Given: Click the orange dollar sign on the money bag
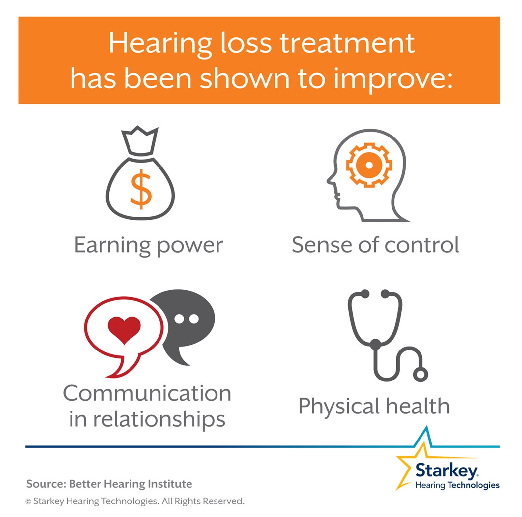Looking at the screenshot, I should (x=141, y=189).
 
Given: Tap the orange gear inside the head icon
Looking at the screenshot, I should (x=369, y=165).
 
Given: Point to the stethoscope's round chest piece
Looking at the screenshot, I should (x=420, y=375).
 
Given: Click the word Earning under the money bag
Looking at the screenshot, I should (x=112, y=246).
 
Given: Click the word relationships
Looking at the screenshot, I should (x=159, y=420).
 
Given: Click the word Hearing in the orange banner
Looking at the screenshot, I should (x=160, y=44).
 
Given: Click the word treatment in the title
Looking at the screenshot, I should (x=347, y=44).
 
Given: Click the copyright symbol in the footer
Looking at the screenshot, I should (x=28, y=502).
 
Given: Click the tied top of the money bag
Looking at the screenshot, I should (x=140, y=142).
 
